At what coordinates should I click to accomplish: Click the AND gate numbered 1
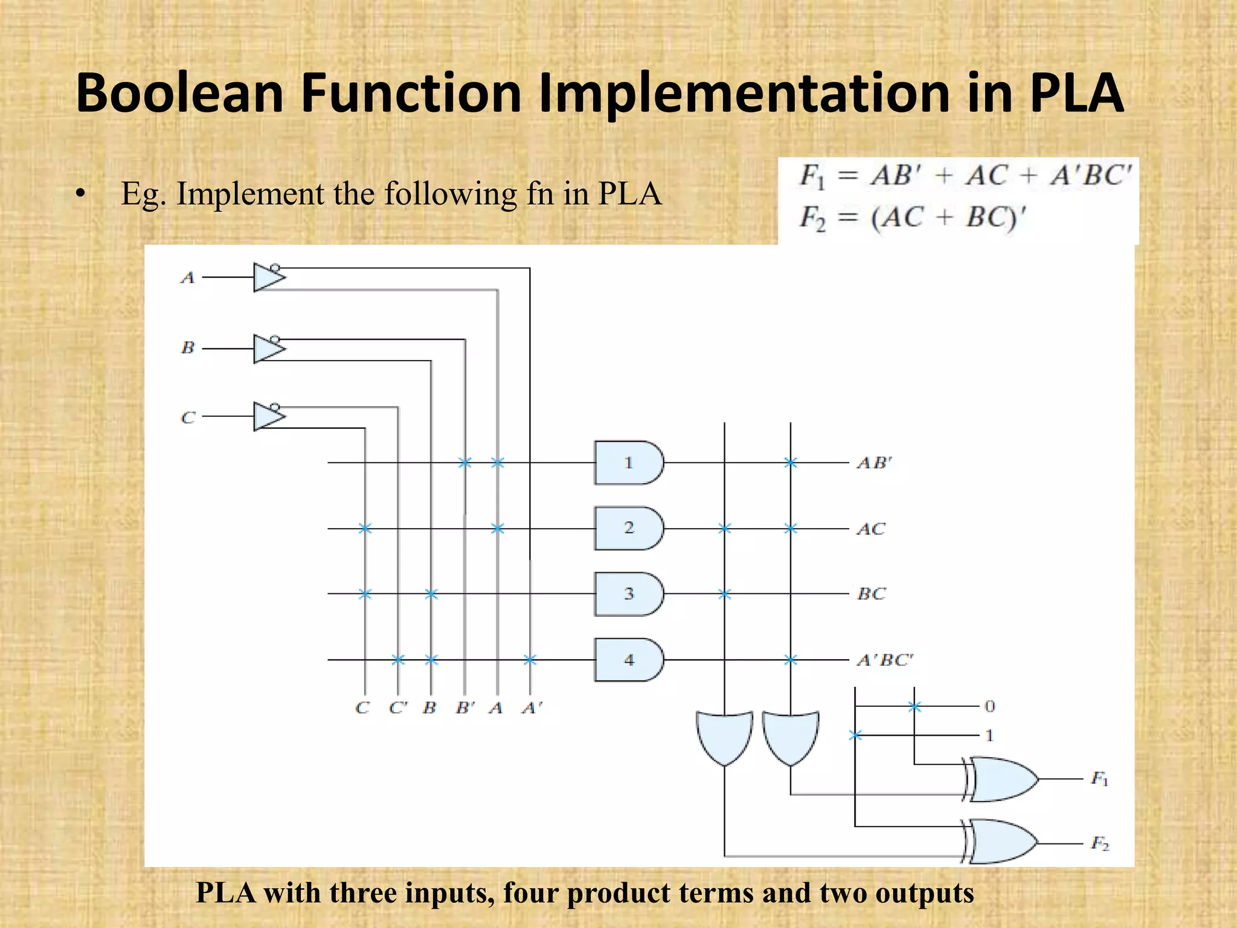(628, 463)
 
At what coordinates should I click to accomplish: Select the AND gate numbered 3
(628, 594)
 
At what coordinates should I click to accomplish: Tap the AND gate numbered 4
(628, 660)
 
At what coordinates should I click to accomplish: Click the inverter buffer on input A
(268, 278)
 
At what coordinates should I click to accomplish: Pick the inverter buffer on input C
(268, 417)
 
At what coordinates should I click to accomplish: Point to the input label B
(188, 348)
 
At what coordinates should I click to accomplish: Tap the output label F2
(1099, 843)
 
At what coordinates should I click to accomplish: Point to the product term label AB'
(874, 463)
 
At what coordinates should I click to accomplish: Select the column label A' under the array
(532, 707)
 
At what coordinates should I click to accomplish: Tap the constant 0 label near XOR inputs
(989, 706)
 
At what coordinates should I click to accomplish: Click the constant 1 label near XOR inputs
(989, 735)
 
